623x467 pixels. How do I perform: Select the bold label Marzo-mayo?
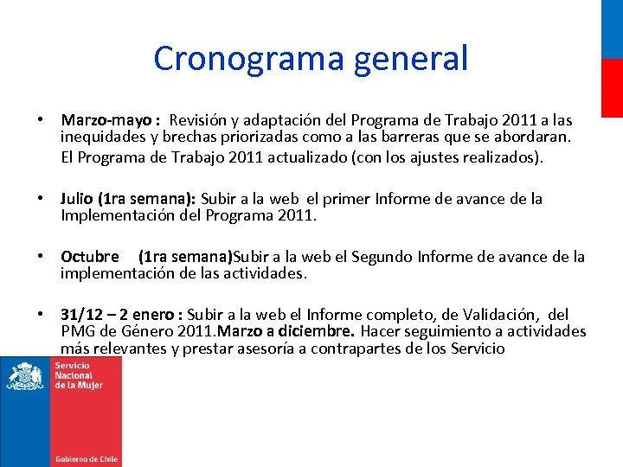(x=107, y=120)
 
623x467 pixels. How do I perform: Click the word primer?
(x=346, y=199)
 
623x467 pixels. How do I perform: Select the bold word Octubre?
(x=90, y=257)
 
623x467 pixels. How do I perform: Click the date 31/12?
(x=82, y=314)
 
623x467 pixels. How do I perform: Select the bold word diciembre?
(x=320, y=331)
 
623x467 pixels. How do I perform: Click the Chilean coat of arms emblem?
(x=26, y=377)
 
